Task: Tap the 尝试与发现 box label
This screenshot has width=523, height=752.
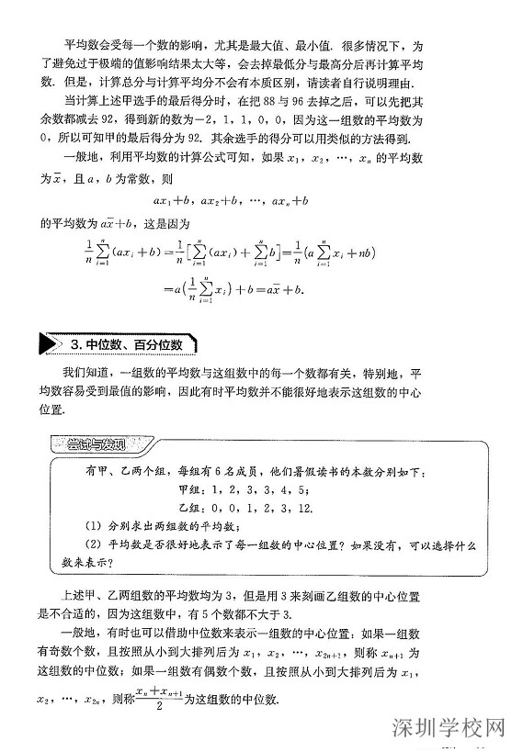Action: click(x=96, y=444)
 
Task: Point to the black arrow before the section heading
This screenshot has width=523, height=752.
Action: click(x=49, y=344)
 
